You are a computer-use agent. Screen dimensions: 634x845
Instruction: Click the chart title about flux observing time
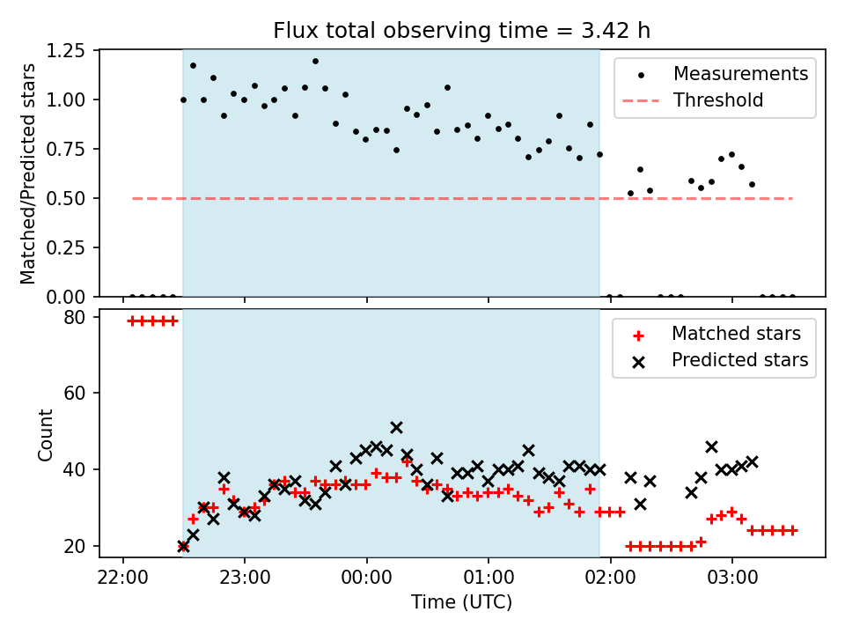pos(462,31)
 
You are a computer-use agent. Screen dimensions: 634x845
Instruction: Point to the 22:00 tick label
pos(122,578)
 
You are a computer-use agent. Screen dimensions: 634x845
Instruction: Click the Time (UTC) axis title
pos(462,602)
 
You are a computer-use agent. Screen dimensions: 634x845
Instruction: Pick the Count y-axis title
pos(46,433)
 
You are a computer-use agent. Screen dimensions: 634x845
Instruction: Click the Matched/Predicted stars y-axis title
pos(29,173)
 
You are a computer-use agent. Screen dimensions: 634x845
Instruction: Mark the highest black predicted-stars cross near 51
pos(396,428)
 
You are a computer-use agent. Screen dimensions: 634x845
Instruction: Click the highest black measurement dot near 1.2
pos(315,62)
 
